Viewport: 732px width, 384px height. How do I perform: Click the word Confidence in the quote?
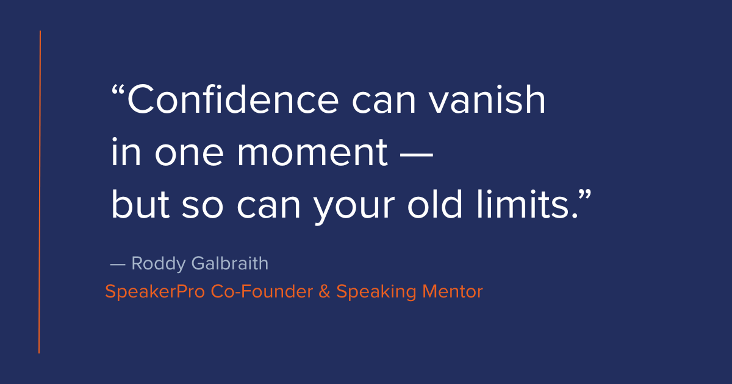pos(232,101)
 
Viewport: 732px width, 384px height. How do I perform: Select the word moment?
pos(312,154)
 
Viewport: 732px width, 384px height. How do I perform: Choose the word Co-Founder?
pos(261,292)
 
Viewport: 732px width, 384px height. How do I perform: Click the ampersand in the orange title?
pos(324,292)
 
